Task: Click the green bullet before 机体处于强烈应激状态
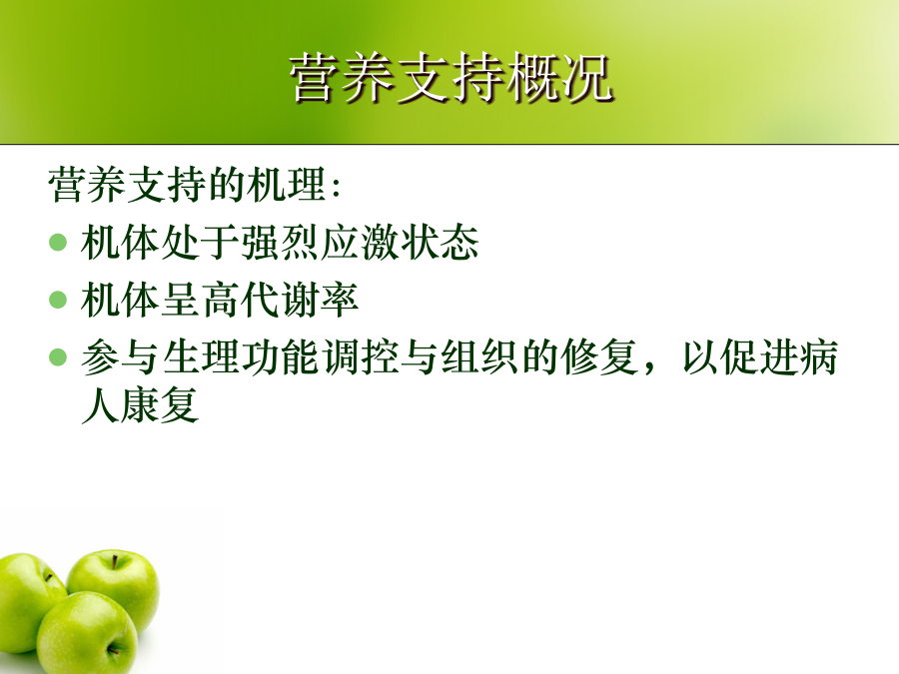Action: [x=58, y=242]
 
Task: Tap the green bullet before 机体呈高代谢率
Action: [x=58, y=300]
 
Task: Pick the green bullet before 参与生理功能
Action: [x=58, y=356]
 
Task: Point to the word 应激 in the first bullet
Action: [x=359, y=242]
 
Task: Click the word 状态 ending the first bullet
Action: [x=440, y=242]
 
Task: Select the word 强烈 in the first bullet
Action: [x=280, y=242]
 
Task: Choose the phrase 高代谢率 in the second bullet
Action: [x=280, y=300]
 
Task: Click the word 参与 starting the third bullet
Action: [x=120, y=356]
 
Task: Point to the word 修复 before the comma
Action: [x=599, y=356]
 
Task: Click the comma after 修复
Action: [x=649, y=366]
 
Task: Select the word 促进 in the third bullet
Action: [x=758, y=356]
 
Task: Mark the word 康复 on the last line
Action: [x=160, y=404]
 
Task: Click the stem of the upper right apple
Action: [x=115, y=561]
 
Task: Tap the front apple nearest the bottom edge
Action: [x=87, y=633]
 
